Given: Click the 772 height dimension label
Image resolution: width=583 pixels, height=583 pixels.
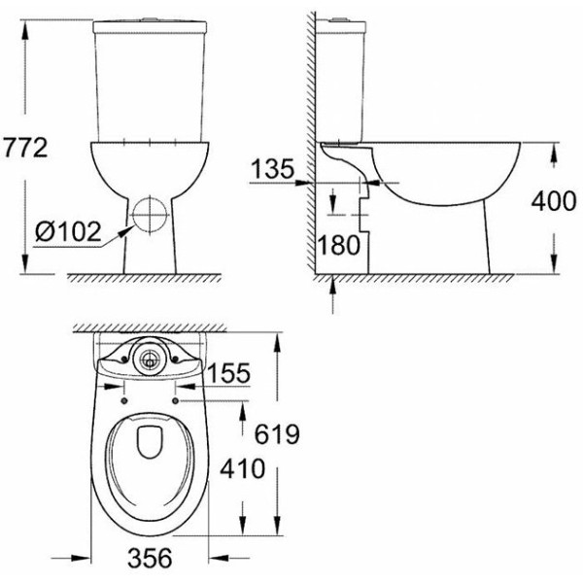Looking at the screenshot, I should tap(26, 148).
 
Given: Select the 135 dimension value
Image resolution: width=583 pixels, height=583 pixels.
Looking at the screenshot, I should tap(272, 170).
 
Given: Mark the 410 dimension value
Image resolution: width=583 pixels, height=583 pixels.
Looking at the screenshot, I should tap(242, 469).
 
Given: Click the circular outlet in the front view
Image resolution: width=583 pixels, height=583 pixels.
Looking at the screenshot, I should tap(149, 212).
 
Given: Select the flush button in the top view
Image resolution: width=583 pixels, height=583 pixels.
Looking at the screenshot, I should tap(150, 358).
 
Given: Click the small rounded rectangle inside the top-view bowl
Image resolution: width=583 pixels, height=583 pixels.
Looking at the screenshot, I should tap(150, 441).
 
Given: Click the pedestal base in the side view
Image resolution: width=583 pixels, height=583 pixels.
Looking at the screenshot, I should tap(484, 243).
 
